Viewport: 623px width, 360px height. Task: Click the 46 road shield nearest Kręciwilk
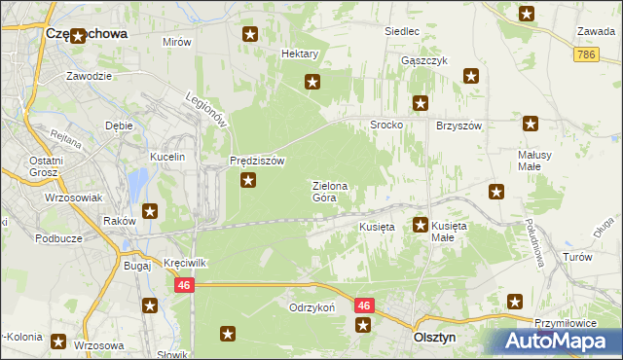coord(184,286)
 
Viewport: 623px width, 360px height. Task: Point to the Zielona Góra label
coord(330,191)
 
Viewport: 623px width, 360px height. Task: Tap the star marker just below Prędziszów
coord(249,180)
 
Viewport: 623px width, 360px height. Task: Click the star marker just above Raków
coord(150,211)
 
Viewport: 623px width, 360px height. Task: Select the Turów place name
coord(577,257)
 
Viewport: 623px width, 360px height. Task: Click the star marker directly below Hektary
coord(312,82)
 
